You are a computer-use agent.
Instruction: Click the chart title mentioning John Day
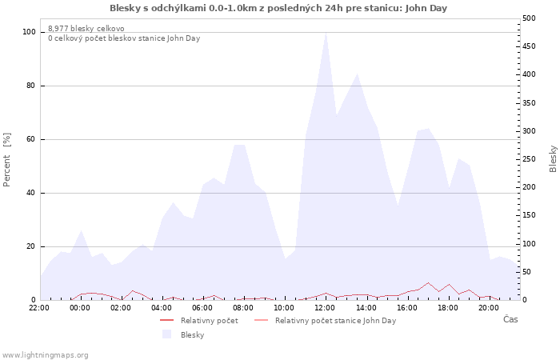pos(278,8)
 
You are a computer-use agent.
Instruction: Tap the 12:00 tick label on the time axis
pos(325,308)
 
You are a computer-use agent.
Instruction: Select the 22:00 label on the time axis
pos(39,308)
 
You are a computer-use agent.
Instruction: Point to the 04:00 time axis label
pos(162,308)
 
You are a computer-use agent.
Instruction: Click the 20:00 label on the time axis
pos(489,308)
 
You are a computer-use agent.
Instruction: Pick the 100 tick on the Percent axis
pos(29,32)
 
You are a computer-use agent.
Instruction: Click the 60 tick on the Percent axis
pos(31,139)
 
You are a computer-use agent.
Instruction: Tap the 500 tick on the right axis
pos(529,18)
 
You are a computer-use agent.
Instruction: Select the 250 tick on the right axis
pos(529,159)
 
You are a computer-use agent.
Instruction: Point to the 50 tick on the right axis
pos(526,272)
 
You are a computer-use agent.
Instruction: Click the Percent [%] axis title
pos(6,160)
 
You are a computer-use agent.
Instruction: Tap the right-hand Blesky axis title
pos(553,159)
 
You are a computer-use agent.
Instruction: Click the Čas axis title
pos(510,319)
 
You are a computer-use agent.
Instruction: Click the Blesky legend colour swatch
pos(166,334)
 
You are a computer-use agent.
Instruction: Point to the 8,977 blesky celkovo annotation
pos(86,29)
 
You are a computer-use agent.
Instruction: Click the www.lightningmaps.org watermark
pos(46,355)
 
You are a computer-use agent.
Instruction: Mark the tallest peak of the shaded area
pos(326,33)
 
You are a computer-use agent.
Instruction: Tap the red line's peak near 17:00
pos(428,283)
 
